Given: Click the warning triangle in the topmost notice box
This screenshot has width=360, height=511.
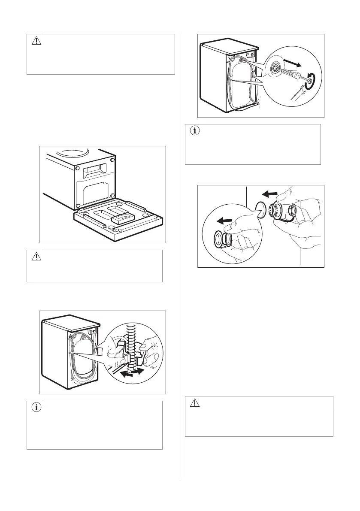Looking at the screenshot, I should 36,41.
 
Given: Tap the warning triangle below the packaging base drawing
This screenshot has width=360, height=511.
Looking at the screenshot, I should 36,257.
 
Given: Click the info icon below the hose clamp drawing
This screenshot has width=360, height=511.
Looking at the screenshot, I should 36,408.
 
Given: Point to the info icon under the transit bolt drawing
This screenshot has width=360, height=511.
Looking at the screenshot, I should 194,131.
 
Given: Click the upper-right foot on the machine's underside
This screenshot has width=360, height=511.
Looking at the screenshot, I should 112,160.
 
